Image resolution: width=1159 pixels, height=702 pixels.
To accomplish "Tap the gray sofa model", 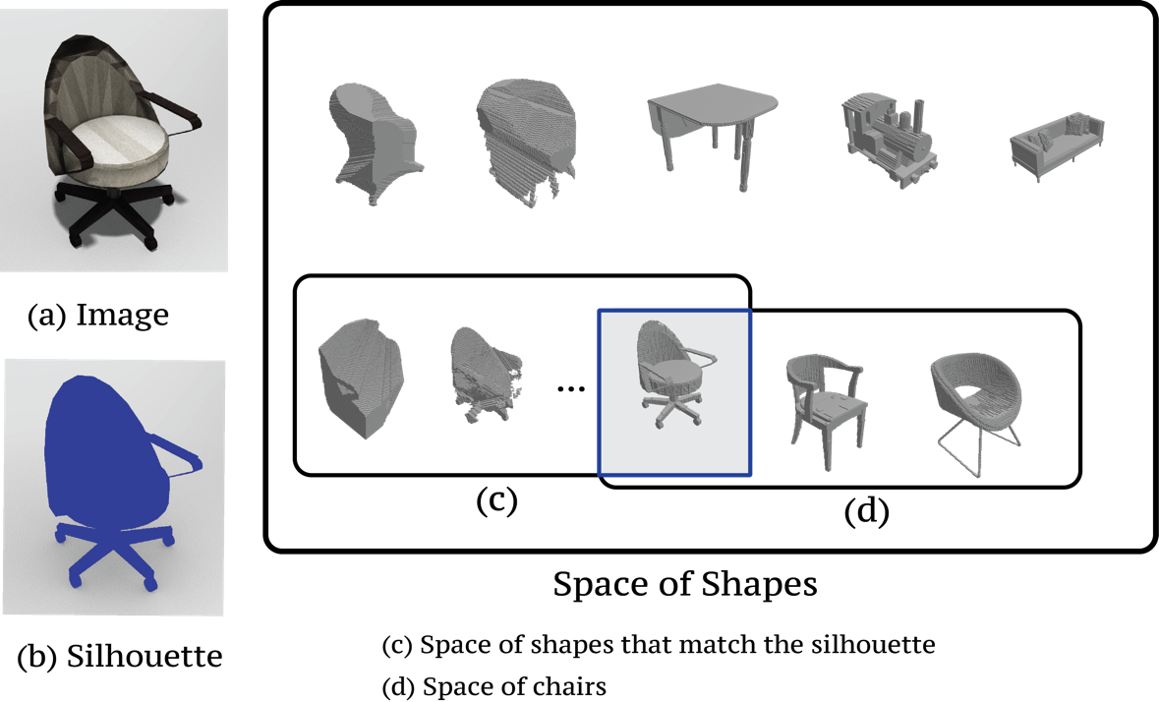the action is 1058,146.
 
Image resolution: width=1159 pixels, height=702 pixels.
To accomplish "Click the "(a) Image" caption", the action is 98,315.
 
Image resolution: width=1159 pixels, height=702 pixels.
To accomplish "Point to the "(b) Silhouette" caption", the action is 120,656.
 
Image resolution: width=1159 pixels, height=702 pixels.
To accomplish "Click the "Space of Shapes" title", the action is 685,584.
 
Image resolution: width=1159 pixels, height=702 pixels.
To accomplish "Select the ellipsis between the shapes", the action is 570,388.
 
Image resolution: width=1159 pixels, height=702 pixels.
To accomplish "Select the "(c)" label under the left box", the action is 496,500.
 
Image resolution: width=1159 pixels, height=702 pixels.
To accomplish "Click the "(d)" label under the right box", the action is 866,510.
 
